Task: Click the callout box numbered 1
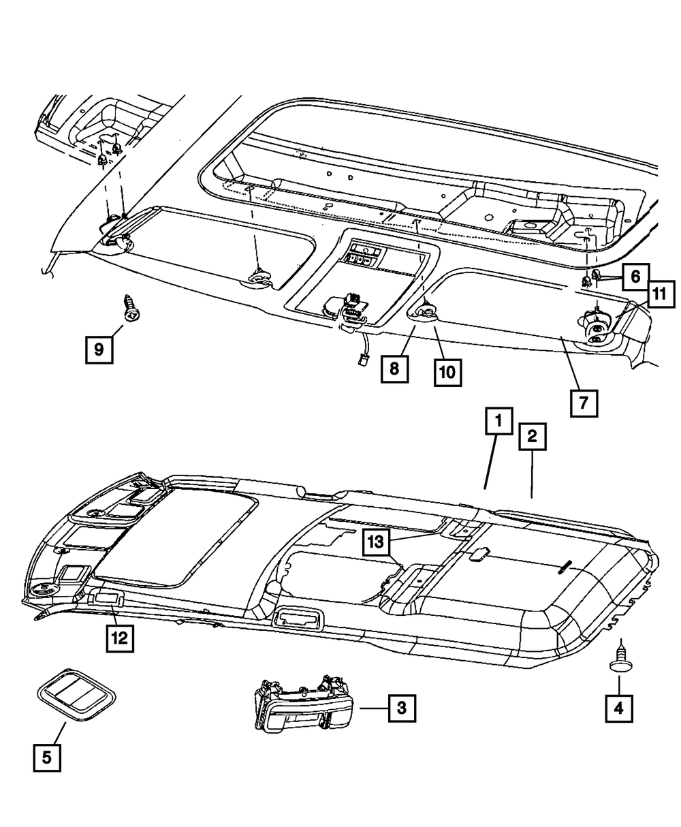point(498,422)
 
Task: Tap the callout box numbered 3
point(402,708)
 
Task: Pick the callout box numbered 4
point(619,708)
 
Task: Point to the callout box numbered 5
point(47,758)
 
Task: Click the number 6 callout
point(635,276)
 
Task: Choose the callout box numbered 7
point(584,403)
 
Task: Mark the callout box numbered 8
point(395,369)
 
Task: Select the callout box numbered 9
point(99,350)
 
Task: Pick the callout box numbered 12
point(119,638)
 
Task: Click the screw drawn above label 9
point(129,309)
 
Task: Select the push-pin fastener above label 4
point(619,659)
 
